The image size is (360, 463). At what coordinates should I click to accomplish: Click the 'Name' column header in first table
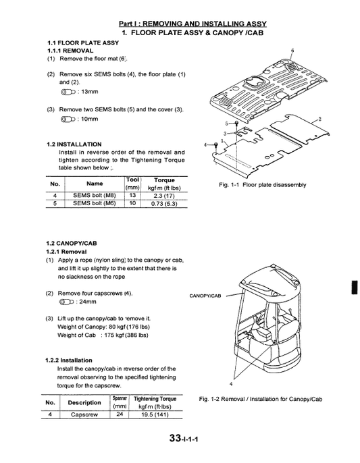pyautogui.click(x=95, y=183)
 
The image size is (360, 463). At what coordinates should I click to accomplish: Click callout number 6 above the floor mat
pyautogui.click(x=292, y=51)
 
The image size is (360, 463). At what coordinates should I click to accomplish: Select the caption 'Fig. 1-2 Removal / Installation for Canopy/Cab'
pyautogui.click(x=261, y=400)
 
